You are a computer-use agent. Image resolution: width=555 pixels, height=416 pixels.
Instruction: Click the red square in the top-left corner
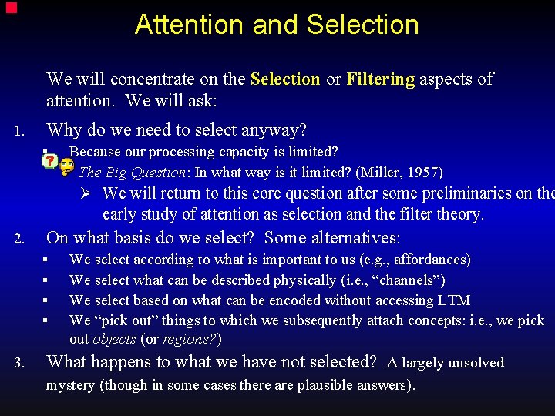pyautogui.click(x=11, y=8)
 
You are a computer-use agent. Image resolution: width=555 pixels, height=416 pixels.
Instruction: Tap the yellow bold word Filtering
pyautogui.click(x=381, y=79)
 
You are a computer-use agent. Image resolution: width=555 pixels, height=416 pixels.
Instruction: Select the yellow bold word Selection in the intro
pyautogui.click(x=285, y=79)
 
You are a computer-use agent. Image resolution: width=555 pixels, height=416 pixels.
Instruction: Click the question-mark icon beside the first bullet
pyautogui.click(x=49, y=162)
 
